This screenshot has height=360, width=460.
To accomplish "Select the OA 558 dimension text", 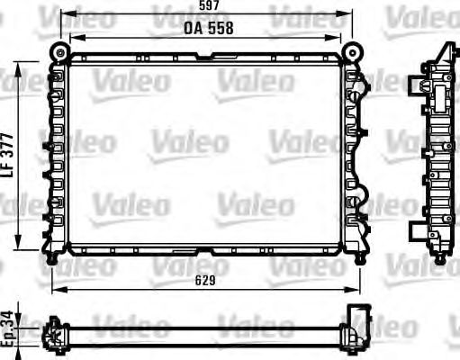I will (x=209, y=27).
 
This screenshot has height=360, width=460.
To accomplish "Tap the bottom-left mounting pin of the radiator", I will (x=53, y=259).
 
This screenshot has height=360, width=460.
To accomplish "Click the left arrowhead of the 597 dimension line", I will (x=56, y=15).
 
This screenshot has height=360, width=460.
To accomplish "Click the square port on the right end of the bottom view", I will (x=362, y=320).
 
